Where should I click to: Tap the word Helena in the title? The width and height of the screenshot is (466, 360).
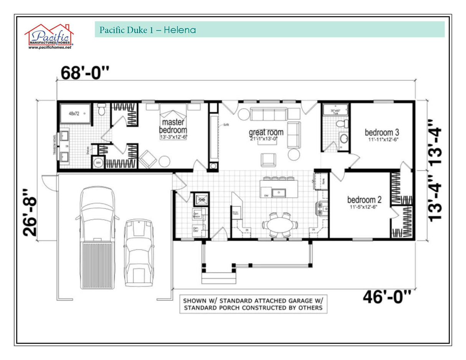[x=180, y=30]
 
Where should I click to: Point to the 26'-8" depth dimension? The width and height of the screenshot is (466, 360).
[x=31, y=212]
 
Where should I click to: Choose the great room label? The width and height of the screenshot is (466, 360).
[x=266, y=132]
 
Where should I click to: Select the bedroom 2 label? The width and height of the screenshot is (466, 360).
[x=364, y=200]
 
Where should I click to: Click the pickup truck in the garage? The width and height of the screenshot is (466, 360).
[x=97, y=238]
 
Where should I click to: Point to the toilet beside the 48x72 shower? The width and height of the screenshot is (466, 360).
[x=102, y=109]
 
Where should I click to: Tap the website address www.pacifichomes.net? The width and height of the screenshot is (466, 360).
[x=50, y=48]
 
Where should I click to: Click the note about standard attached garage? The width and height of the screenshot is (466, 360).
[x=253, y=304]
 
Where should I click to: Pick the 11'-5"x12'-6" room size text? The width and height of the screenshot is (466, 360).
[x=364, y=208]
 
